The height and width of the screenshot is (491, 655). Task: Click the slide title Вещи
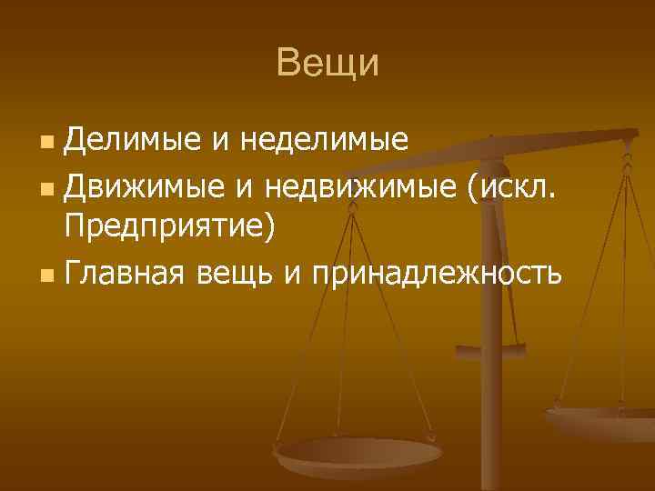[x=327, y=64]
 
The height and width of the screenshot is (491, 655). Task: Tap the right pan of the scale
[x=600, y=419]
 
